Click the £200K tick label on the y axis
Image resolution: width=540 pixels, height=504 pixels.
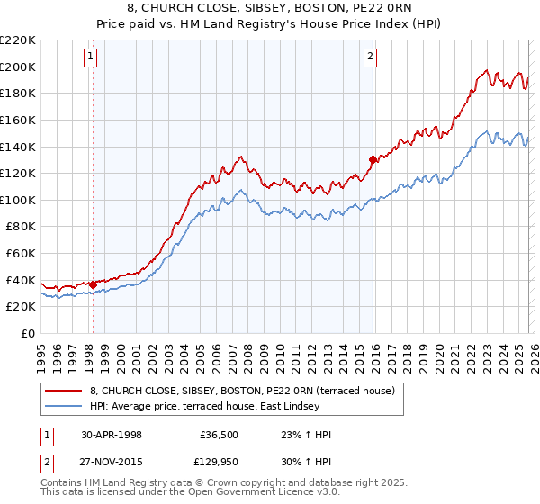pos(18,67)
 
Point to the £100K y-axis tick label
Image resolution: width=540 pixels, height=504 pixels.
pos(18,200)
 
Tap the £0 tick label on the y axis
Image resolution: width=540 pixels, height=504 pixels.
pos(27,333)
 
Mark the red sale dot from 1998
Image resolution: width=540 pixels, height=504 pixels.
pos(93,284)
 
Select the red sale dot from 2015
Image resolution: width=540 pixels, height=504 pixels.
pos(372,160)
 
